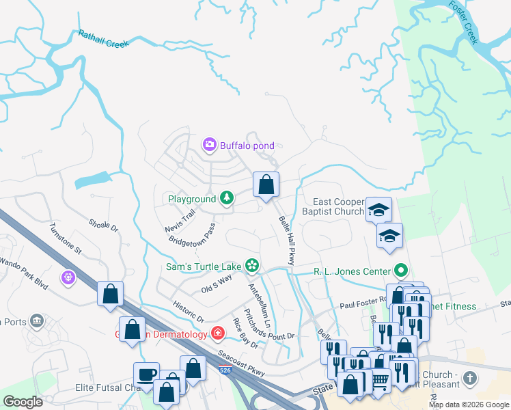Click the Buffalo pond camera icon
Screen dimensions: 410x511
pyautogui.click(x=210, y=145)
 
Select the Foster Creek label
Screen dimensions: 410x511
pyautogui.click(x=464, y=23)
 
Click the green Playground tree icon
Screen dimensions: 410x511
pyautogui.click(x=226, y=199)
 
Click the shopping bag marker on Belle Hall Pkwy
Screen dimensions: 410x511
pyautogui.click(x=266, y=184)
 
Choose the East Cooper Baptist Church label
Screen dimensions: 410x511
pyautogui.click(x=338, y=207)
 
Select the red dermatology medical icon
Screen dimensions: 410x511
pyautogui.click(x=218, y=333)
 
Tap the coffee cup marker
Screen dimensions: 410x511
pyautogui.click(x=146, y=374)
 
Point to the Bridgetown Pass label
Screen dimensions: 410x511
pyautogui.click(x=192, y=234)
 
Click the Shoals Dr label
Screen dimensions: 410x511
pyautogui.click(x=104, y=225)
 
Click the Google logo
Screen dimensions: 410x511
pyautogui.click(x=23, y=402)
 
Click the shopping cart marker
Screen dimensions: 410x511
pyautogui.click(x=379, y=380)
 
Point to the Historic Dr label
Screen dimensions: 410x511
pyautogui.click(x=189, y=310)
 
